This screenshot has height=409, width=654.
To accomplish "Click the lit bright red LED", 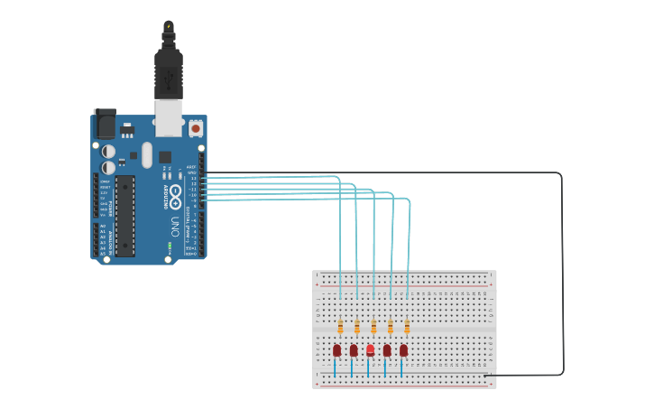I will point(370,349).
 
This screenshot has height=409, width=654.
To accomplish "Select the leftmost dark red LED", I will point(336,350).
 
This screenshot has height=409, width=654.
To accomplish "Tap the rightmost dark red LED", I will point(403,350).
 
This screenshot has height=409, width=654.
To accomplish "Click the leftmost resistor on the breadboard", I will point(340,327).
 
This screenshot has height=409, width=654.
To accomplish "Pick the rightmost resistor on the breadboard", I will point(407,327).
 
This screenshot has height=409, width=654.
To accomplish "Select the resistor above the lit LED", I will point(373,327).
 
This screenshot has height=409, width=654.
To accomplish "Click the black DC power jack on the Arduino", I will point(105,122).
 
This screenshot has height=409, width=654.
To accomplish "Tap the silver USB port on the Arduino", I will point(168,116).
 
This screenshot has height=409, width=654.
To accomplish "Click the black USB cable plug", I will point(168,72).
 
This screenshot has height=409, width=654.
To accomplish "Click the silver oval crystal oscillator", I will point(147,154).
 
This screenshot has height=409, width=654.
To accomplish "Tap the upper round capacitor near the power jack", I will point(108,152).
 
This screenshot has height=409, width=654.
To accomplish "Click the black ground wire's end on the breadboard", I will point(485,376).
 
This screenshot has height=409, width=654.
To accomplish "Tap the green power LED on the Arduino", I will point(170,245).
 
